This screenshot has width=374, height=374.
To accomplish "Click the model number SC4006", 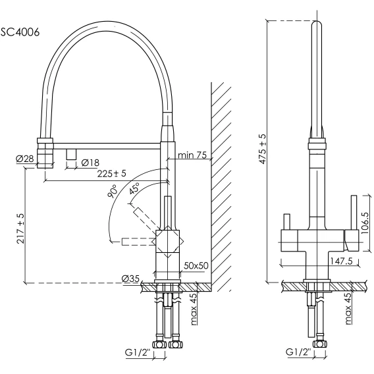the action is click(20, 32).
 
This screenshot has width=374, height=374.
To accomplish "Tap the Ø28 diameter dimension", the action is click(25, 159).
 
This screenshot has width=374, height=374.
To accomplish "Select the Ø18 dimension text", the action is click(90, 163).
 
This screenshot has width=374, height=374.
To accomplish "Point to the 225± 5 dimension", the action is click(111, 174).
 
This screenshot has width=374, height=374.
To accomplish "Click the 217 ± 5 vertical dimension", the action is click(21, 228).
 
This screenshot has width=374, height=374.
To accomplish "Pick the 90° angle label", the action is click(113, 191).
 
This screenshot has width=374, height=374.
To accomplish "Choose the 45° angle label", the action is click(134, 189).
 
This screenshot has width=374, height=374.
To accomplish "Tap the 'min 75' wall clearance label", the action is click(192, 155).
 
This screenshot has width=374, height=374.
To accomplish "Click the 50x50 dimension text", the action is click(196, 265).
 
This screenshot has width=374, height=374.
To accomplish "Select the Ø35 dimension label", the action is click(130, 279).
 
